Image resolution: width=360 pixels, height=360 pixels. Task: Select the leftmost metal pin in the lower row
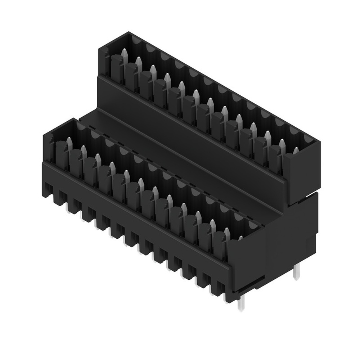[x=69, y=142]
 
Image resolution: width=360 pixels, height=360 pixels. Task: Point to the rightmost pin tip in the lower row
[x=240, y=238]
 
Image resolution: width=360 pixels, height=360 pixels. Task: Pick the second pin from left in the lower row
[x=84, y=150]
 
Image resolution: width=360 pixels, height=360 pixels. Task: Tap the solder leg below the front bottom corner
[x=240, y=305]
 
